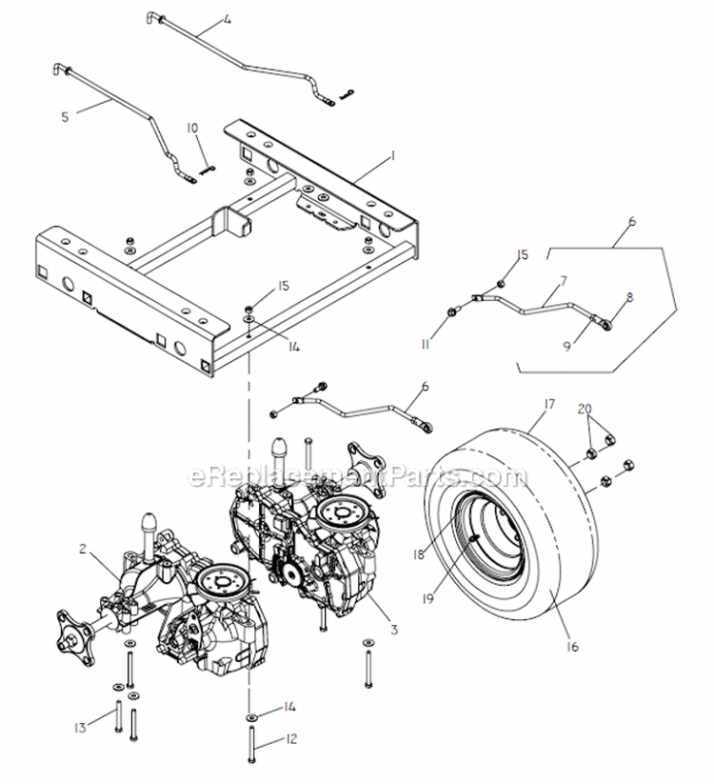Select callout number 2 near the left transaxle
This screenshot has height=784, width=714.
point(84,548)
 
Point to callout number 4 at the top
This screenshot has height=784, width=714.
point(227,19)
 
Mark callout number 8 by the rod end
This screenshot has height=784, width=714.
point(629,297)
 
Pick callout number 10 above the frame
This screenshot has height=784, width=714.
point(192,128)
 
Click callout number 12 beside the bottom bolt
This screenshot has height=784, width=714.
point(291,738)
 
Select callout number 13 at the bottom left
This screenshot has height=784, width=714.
point(80,728)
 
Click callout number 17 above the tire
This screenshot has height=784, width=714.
point(548,404)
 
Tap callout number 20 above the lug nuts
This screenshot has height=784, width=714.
point(583,407)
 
